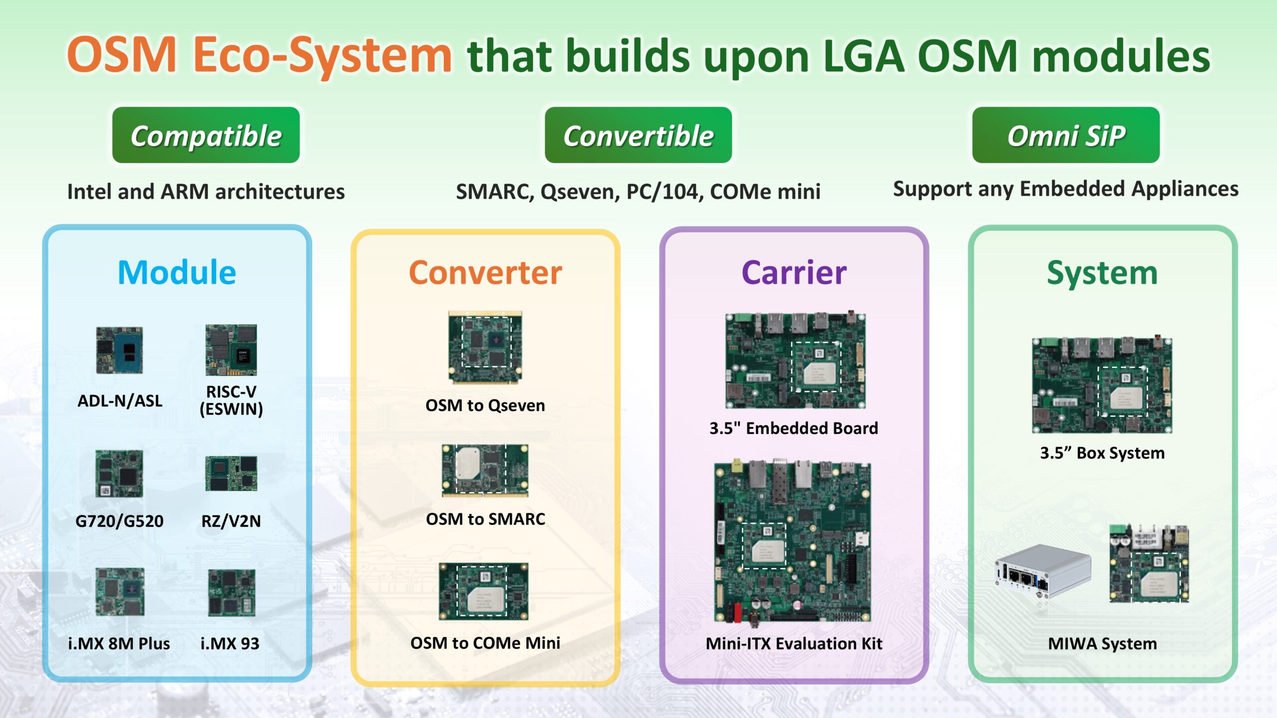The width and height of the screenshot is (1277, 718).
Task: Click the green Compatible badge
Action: (x=206, y=135)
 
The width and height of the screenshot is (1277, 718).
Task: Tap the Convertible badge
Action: (x=638, y=135)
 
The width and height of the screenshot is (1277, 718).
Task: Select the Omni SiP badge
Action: (x=1065, y=135)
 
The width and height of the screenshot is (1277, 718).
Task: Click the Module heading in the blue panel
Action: (x=177, y=273)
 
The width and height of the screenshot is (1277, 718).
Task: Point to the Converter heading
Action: (x=485, y=273)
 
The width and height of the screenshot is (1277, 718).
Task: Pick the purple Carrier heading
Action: (x=794, y=273)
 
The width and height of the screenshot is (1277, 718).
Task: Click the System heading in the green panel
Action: (x=1102, y=273)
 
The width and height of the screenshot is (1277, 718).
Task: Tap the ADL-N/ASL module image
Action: (x=120, y=350)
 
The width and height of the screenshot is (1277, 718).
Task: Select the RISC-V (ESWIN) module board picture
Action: (x=231, y=350)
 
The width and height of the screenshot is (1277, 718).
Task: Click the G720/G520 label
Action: (x=119, y=521)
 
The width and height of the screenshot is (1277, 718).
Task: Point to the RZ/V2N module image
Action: (x=231, y=473)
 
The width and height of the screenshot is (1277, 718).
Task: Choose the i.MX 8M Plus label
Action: (x=119, y=643)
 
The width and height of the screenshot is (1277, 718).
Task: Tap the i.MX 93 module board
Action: (x=231, y=592)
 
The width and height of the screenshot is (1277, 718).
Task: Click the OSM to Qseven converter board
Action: (x=485, y=347)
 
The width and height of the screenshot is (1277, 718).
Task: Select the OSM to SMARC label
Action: (x=485, y=519)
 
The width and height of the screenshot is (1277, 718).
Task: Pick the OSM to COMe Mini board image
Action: (x=483, y=591)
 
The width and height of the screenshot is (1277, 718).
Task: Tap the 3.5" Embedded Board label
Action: (x=794, y=428)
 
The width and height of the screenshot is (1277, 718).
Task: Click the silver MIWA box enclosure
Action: (x=1043, y=571)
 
